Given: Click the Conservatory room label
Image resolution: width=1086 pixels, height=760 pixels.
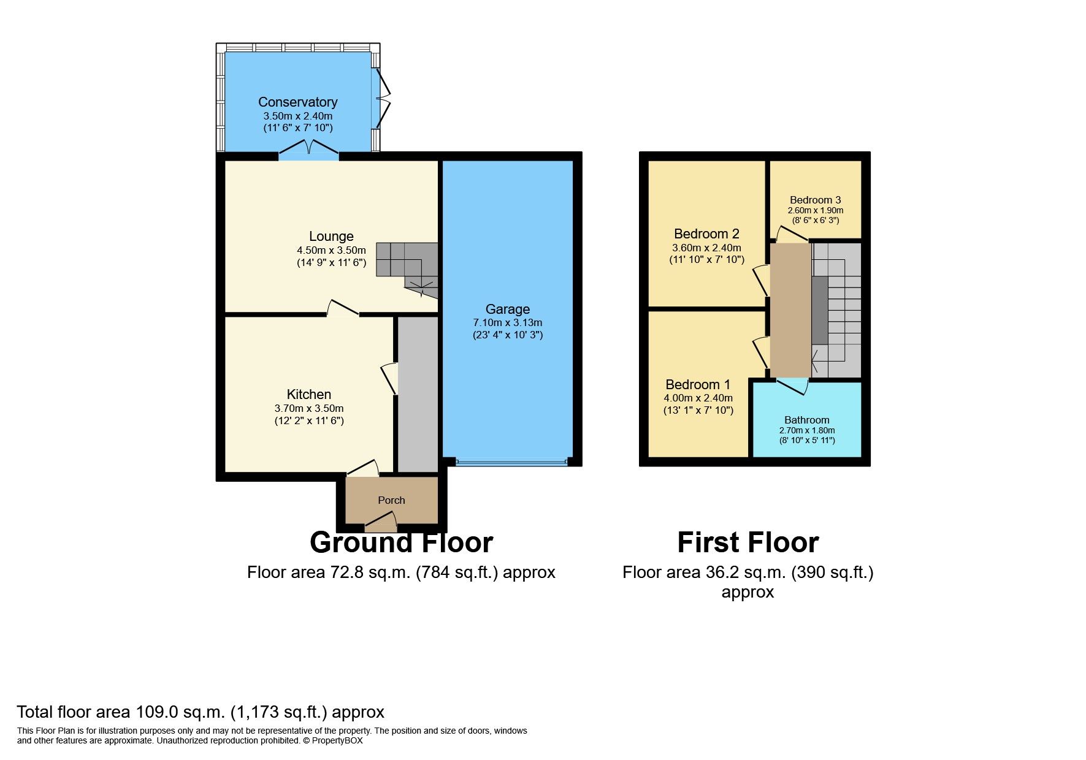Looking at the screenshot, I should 297,102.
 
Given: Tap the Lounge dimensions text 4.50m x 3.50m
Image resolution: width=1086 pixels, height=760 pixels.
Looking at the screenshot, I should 331,250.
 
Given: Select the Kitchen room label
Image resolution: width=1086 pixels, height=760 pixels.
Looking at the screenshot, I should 308,394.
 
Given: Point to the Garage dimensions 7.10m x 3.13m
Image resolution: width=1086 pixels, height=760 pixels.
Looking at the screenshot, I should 507,322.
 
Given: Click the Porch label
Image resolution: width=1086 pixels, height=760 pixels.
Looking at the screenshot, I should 391,500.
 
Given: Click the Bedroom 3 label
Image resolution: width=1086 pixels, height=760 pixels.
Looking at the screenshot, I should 815,200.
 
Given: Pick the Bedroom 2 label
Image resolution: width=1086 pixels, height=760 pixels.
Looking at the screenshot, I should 706,234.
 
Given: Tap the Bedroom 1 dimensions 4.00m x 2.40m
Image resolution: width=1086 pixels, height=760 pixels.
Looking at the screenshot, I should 698,398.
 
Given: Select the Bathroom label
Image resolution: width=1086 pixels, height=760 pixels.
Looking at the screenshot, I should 806,420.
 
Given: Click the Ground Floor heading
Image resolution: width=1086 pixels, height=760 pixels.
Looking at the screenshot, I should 401,542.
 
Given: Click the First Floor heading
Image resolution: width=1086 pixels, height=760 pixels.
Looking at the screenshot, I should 748,542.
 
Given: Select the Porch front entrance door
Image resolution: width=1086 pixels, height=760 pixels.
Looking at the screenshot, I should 381,523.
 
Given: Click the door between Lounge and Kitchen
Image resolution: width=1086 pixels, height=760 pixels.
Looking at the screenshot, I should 343,308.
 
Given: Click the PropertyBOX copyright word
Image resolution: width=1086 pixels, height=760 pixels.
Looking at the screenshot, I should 337,740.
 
